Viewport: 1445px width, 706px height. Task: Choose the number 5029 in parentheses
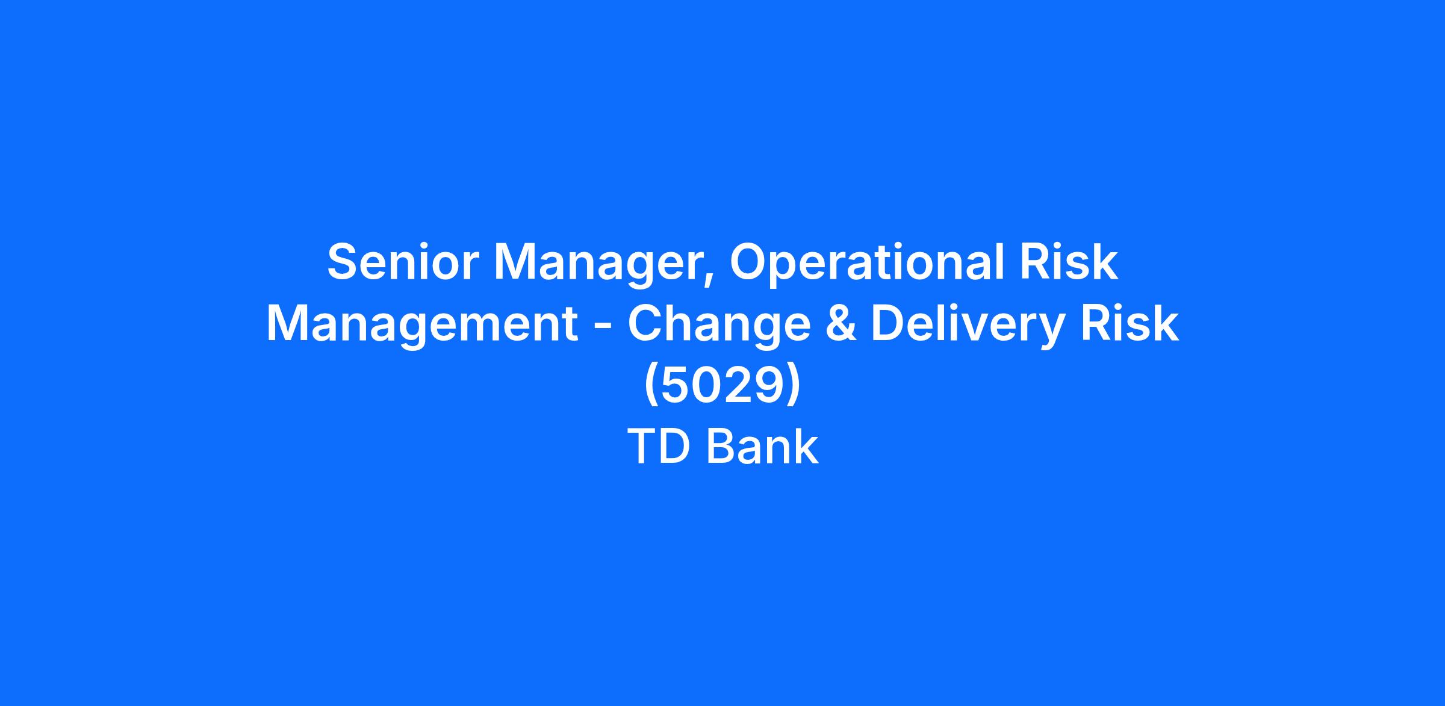[722, 385]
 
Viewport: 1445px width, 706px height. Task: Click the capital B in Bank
[721, 447]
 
